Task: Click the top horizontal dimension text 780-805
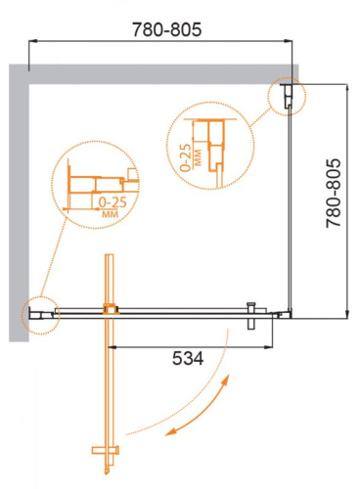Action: (163, 30)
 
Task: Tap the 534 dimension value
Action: (186, 359)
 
